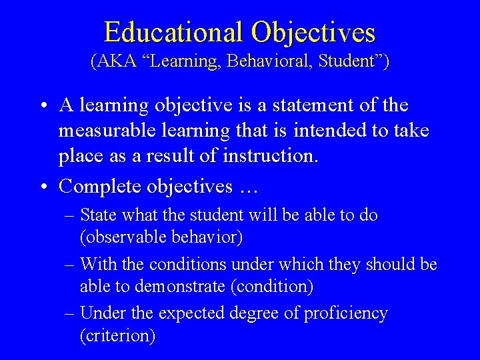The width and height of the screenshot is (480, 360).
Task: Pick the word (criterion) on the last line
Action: [117, 336]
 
